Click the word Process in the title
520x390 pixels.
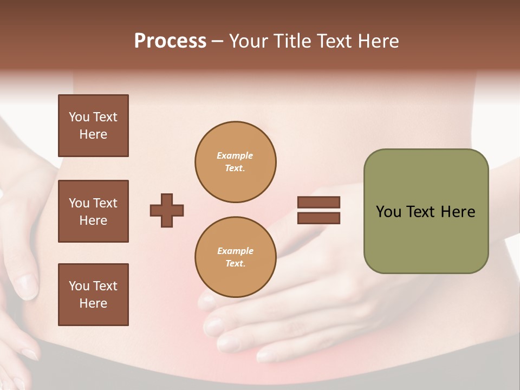click(170, 41)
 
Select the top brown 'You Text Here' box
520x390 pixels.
click(93, 126)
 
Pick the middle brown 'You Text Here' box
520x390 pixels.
click(93, 211)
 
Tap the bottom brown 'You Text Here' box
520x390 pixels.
click(93, 295)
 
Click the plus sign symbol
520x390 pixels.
click(167, 210)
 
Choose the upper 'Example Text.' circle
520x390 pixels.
click(236, 162)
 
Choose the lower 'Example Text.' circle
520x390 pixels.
click(236, 257)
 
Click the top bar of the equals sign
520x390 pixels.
click(318, 202)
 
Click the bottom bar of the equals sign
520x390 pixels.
click(318, 218)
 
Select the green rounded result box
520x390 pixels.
click(426, 211)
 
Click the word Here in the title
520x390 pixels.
click(379, 41)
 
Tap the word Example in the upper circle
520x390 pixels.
click(235, 156)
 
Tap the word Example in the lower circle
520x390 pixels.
click(235, 251)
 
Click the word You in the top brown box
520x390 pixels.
click(79, 117)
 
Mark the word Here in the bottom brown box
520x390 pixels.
click(93, 303)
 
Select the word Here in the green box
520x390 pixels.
click(458, 212)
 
